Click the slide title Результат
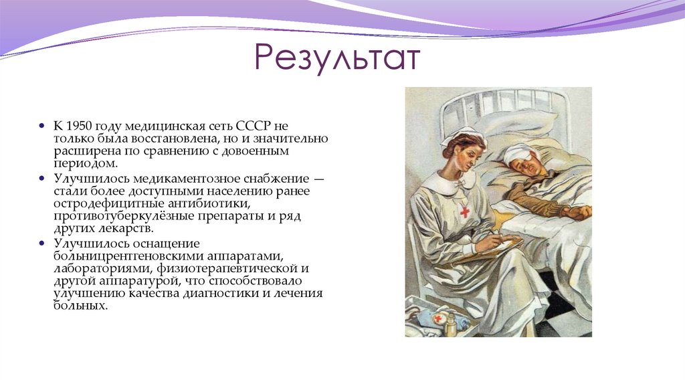tap(337, 59)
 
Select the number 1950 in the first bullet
tap(80, 126)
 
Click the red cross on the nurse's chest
tap(464, 211)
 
